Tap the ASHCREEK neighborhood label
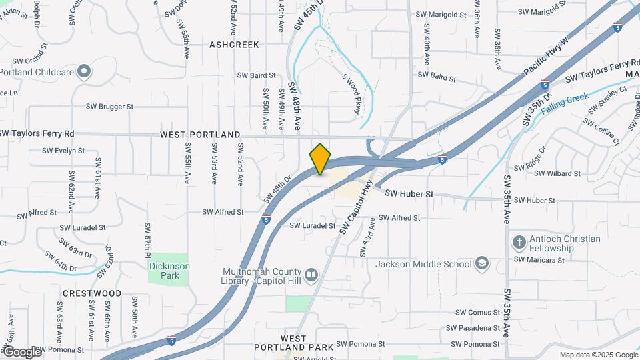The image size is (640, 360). pos(234,45)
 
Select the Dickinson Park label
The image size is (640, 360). pos(169,271)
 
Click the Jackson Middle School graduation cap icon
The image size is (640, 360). pos(482,264)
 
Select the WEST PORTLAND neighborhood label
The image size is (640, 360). pos(200,135)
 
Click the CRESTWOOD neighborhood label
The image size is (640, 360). pos(92,293)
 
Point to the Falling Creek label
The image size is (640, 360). pos(565,104)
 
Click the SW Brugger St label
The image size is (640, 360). pos(110,106)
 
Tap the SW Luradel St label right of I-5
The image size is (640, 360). pos(312,226)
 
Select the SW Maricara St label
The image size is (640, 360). pos(539,259)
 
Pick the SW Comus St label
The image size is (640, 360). pos(477,312)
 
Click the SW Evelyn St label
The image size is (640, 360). pos(60,151)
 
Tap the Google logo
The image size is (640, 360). pos(21,351)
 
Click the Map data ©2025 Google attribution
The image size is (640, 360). pos(598,355)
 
